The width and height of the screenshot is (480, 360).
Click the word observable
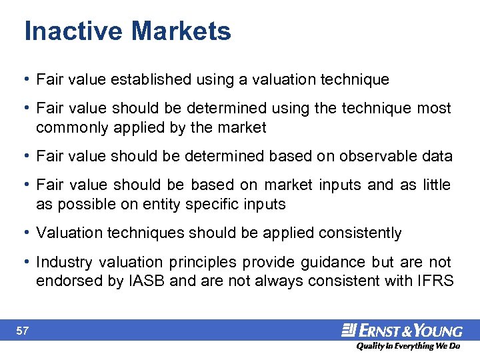click(x=378, y=156)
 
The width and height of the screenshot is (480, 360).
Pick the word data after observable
click(x=437, y=156)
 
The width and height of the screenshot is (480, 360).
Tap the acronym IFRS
click(x=436, y=281)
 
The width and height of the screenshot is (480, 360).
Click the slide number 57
click(x=22, y=331)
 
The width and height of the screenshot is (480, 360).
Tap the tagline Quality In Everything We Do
click(x=407, y=346)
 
